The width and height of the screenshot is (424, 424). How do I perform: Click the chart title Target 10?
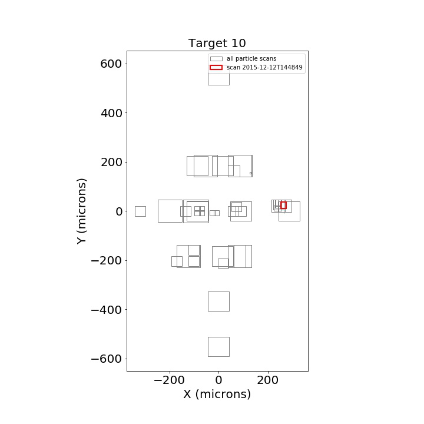[217, 43]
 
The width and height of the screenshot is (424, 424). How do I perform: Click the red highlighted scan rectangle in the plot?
[281, 206]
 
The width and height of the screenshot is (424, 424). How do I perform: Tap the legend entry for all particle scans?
[251, 59]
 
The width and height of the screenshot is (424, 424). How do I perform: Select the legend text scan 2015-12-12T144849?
[264, 67]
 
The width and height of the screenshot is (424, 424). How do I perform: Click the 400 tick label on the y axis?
[111, 113]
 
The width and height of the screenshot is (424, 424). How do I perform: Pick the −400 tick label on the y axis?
[106, 310]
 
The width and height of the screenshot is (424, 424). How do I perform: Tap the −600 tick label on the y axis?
[106, 359]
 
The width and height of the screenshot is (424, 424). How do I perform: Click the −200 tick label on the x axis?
[169, 380]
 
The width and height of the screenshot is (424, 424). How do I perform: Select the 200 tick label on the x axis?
[268, 380]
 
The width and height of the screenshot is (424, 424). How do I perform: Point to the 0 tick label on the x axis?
[218, 380]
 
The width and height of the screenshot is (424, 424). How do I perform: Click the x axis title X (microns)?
[217, 394]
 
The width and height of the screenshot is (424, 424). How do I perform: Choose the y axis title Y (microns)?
[81, 211]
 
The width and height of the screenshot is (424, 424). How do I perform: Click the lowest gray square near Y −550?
[208, 347]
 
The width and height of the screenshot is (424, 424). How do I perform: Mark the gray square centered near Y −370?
[208, 302]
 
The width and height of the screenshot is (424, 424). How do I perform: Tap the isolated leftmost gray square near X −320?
[135, 211]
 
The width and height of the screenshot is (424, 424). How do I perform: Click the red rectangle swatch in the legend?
[216, 67]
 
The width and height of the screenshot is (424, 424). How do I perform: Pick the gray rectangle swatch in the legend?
[216, 59]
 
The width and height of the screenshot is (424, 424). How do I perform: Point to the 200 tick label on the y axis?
[111, 163]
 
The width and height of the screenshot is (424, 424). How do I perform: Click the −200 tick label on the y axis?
[106, 260]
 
